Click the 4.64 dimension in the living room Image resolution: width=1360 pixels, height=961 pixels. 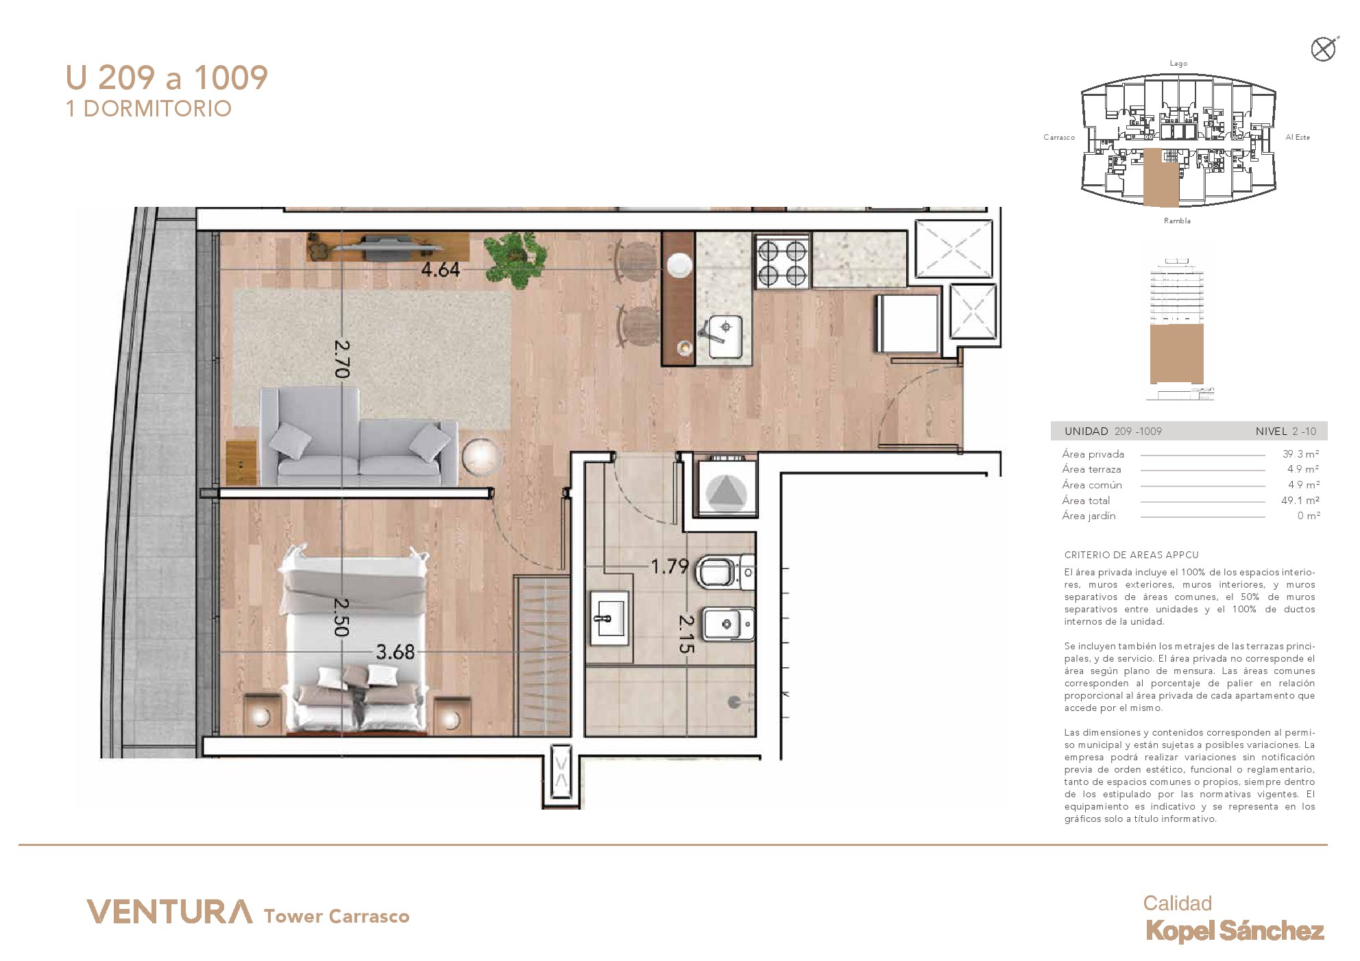pyautogui.click(x=440, y=270)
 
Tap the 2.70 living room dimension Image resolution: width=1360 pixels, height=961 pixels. pyautogui.click(x=342, y=359)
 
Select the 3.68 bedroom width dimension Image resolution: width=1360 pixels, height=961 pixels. pyautogui.click(x=396, y=652)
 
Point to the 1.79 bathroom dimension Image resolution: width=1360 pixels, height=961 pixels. pyautogui.click(x=669, y=566)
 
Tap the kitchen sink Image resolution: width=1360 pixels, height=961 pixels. pyautogui.click(x=725, y=336)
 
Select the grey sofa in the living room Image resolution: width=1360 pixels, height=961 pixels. pyautogui.click(x=359, y=436)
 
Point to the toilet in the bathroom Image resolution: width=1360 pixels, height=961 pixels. pyautogui.click(x=725, y=571)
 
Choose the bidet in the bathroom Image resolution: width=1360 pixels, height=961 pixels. pyautogui.click(x=728, y=623)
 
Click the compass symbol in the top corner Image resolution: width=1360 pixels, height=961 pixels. pyautogui.click(x=1324, y=49)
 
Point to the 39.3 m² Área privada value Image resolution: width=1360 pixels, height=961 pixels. pyautogui.click(x=1300, y=454)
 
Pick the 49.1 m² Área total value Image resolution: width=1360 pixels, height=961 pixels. pyautogui.click(x=1300, y=501)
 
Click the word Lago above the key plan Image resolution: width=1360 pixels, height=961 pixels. pyautogui.click(x=1178, y=64)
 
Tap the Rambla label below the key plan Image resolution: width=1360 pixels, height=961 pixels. pyautogui.click(x=1177, y=221)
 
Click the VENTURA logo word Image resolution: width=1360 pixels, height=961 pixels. pyautogui.click(x=169, y=912)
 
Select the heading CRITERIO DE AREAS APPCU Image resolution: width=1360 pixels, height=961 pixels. pyautogui.click(x=1131, y=555)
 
